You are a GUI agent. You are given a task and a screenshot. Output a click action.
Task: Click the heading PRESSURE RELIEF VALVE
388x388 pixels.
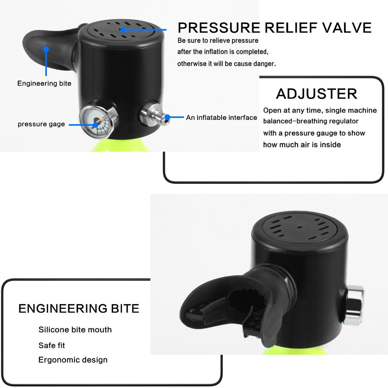point(274,28)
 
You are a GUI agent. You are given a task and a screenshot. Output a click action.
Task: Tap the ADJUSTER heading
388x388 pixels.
point(317,94)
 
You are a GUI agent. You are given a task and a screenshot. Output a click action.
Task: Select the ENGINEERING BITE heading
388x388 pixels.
point(79,308)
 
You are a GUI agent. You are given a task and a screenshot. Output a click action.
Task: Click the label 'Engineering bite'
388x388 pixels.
point(44,83)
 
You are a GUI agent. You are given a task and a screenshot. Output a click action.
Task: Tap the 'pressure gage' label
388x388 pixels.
point(41,125)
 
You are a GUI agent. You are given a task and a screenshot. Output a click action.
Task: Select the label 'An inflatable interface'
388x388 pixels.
point(221,118)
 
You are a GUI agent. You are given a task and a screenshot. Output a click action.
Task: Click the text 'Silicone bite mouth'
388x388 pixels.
point(75,330)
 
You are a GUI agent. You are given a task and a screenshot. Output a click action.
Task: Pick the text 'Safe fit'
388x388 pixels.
point(52,345)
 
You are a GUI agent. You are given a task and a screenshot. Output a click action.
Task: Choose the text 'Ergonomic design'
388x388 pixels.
point(73,360)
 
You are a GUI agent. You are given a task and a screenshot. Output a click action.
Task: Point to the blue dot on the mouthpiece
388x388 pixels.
point(46,49)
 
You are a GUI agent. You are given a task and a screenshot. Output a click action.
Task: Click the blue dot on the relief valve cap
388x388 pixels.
point(123,29)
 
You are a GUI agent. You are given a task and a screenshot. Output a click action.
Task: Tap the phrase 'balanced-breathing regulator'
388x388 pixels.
point(311,121)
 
